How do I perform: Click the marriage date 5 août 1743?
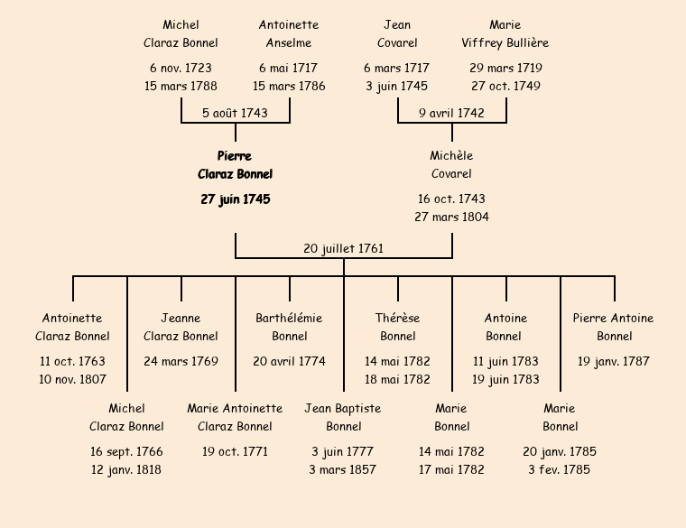tap(235, 114)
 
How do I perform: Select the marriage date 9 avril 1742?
tap(451, 114)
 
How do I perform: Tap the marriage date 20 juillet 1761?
tap(343, 248)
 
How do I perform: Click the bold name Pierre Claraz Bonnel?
tap(235, 165)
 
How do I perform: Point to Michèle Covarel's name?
tap(451, 165)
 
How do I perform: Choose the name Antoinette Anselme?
tap(289, 33)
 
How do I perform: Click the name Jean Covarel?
tap(397, 33)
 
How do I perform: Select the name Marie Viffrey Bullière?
tap(505, 33)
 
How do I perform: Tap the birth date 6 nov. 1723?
tap(181, 69)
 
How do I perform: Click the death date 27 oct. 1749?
tap(505, 87)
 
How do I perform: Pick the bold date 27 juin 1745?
tap(235, 199)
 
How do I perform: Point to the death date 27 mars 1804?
tap(451, 218)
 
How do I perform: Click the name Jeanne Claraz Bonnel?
tap(181, 327)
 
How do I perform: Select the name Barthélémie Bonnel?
tap(289, 327)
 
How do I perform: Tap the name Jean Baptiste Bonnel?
tap(343, 417)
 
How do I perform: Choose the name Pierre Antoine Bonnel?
tap(614, 327)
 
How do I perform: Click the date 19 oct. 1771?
tap(235, 452)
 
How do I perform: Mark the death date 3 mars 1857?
tap(343, 470)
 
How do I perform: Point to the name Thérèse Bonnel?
tap(397, 327)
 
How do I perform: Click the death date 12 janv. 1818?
tap(126, 470)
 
